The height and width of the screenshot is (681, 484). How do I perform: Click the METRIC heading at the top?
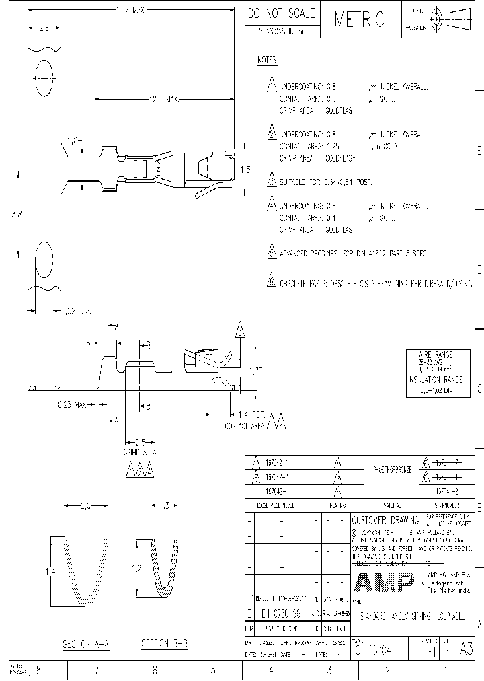360,20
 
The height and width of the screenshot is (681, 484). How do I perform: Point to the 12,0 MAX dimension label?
164,99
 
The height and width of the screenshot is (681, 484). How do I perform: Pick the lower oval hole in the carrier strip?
43,258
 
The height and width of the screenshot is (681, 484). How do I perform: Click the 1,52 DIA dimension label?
75,311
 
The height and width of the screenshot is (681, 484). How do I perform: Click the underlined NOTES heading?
268,61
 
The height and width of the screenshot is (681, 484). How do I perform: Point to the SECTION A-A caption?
81,644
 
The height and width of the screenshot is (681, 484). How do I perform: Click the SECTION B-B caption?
165,644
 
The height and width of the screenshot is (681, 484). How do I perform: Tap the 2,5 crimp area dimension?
139,442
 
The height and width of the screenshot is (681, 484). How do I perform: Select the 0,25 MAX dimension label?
73,405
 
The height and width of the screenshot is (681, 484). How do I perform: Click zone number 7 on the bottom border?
97,670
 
